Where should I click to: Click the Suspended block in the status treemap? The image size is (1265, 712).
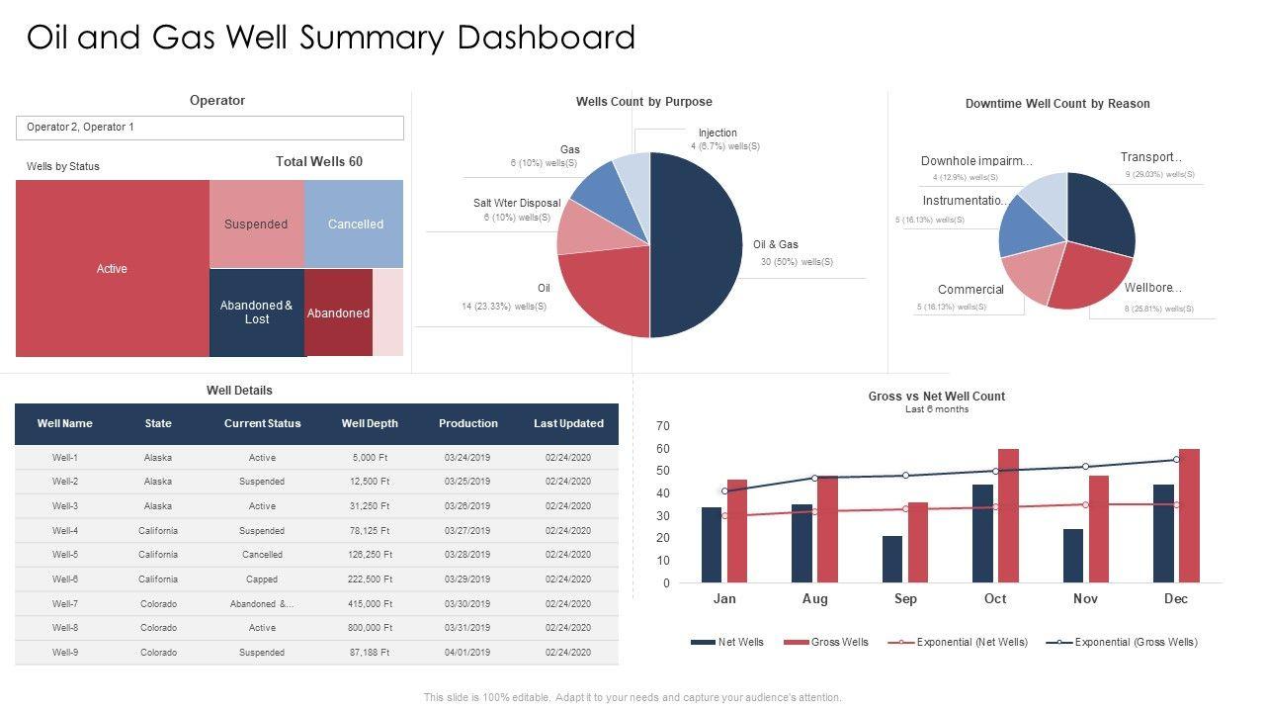(x=256, y=224)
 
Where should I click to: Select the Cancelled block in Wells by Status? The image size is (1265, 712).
(x=355, y=224)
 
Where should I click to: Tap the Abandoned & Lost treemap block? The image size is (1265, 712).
(x=257, y=312)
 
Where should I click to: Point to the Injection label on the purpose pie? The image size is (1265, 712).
(x=717, y=133)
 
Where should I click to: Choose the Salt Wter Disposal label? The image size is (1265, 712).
(x=517, y=203)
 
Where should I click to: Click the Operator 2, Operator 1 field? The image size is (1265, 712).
(x=210, y=128)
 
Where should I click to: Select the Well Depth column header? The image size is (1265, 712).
(x=370, y=423)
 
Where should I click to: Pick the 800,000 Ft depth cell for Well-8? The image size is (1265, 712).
(x=372, y=628)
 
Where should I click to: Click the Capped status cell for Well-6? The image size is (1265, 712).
(x=262, y=579)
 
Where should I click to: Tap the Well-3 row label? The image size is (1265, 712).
(x=64, y=506)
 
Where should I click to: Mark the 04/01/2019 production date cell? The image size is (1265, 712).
(x=467, y=653)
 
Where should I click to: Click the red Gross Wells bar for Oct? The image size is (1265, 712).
(x=1008, y=515)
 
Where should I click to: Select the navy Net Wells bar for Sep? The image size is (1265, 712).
(x=892, y=559)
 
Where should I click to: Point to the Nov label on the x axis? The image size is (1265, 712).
(x=1085, y=599)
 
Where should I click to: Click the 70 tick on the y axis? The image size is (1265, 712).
(x=663, y=426)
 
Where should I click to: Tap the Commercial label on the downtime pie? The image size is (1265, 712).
(x=970, y=290)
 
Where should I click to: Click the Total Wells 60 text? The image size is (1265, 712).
(x=318, y=161)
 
